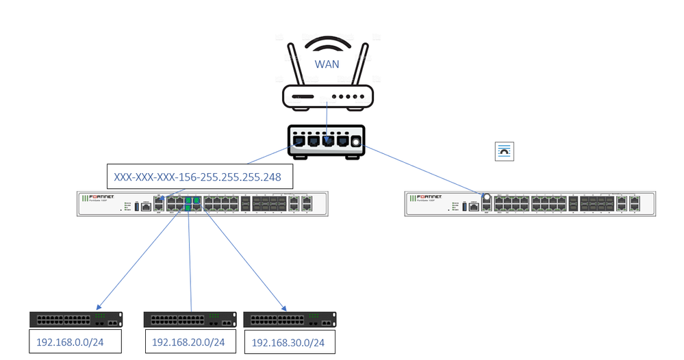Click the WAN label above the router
[x=327, y=64]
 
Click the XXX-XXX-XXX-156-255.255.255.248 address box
[x=201, y=177]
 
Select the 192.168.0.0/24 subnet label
[x=66, y=340]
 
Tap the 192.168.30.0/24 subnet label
[x=289, y=342]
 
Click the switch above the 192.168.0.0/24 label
[x=76, y=319]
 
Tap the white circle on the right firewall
[x=487, y=196]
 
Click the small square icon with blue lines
[x=504, y=152]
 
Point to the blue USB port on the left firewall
[x=136, y=205]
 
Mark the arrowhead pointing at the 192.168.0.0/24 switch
[x=101, y=307]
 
